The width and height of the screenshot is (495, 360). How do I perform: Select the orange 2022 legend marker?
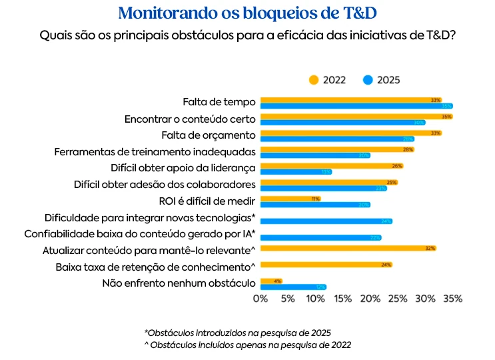pos(314,80)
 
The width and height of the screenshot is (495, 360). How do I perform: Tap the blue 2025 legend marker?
pos(368,80)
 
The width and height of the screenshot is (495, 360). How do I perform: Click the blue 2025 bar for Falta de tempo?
pos(356,106)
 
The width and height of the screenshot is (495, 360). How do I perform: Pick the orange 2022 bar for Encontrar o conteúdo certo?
pos(356,117)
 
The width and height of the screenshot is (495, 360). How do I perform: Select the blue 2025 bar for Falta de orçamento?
pos(337,139)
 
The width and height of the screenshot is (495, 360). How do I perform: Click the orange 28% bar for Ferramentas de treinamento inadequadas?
pos(337,149)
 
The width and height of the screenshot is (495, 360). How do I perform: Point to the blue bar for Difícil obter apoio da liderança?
pos(296,171)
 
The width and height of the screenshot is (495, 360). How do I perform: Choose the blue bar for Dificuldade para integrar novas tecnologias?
pos(326,221)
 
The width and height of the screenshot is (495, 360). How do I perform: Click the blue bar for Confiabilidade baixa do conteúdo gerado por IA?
pos(320,237)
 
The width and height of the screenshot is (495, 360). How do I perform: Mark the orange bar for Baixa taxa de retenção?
pos(326,265)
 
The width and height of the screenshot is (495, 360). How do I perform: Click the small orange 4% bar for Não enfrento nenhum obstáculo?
pos(271,281)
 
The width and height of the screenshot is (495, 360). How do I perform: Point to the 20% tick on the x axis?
pos(370,299)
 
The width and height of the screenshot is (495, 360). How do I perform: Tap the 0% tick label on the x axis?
pos(260,299)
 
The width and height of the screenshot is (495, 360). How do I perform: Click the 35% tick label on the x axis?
pos(452,299)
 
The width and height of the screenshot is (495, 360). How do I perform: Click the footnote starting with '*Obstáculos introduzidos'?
pos(237,332)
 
